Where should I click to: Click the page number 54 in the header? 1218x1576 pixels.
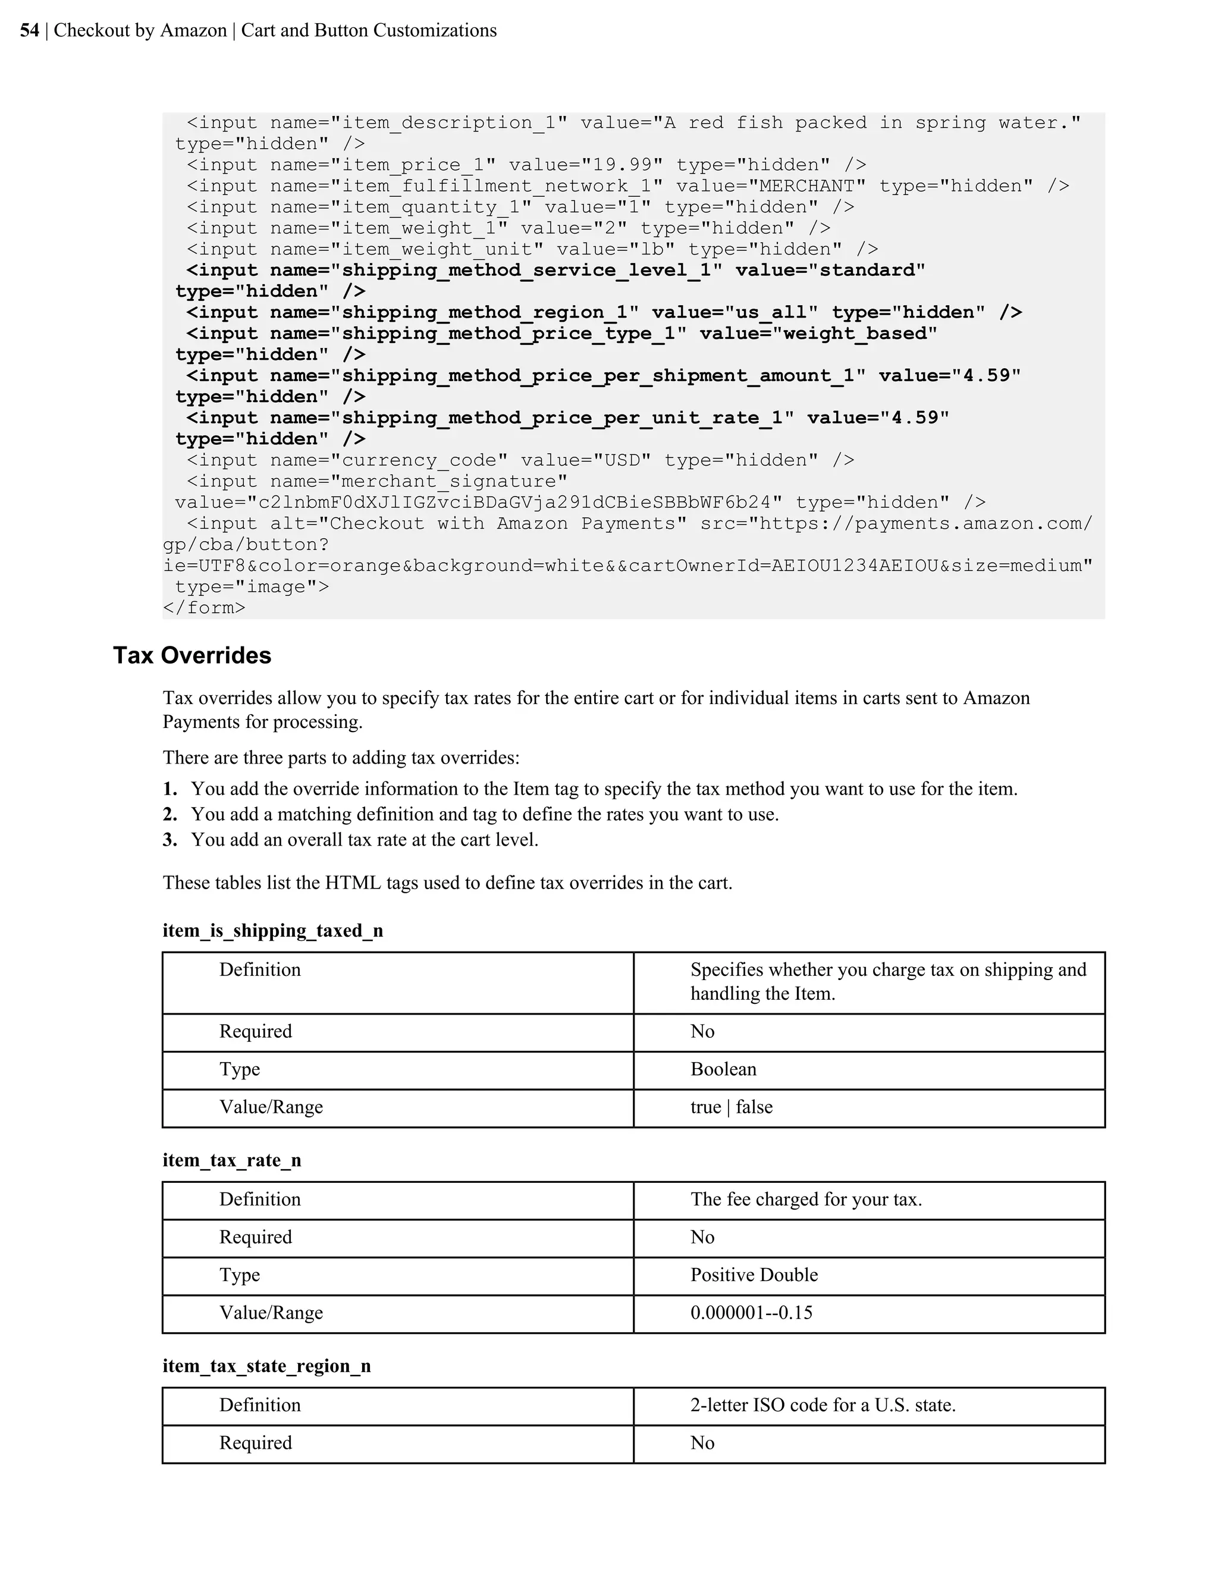[30, 30]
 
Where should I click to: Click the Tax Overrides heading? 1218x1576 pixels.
[192, 655]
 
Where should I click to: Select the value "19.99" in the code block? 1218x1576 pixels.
[622, 165]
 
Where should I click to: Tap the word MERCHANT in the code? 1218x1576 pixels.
[806, 186]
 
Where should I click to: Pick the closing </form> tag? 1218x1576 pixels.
[204, 608]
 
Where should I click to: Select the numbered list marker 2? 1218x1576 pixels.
[169, 814]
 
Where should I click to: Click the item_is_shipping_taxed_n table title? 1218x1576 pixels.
[273, 930]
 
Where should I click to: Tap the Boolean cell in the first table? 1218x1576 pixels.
[723, 1069]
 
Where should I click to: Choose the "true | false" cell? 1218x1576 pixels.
[731, 1107]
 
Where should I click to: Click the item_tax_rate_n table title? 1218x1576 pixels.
[231, 1160]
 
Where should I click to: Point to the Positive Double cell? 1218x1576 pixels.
[754, 1275]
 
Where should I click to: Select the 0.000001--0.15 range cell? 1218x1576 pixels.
[751, 1313]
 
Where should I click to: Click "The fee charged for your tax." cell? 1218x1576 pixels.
[806, 1200]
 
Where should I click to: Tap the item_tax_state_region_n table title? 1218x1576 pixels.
[266, 1365]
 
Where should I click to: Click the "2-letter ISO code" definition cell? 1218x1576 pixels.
[823, 1405]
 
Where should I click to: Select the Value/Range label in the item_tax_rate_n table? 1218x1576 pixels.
[271, 1313]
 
